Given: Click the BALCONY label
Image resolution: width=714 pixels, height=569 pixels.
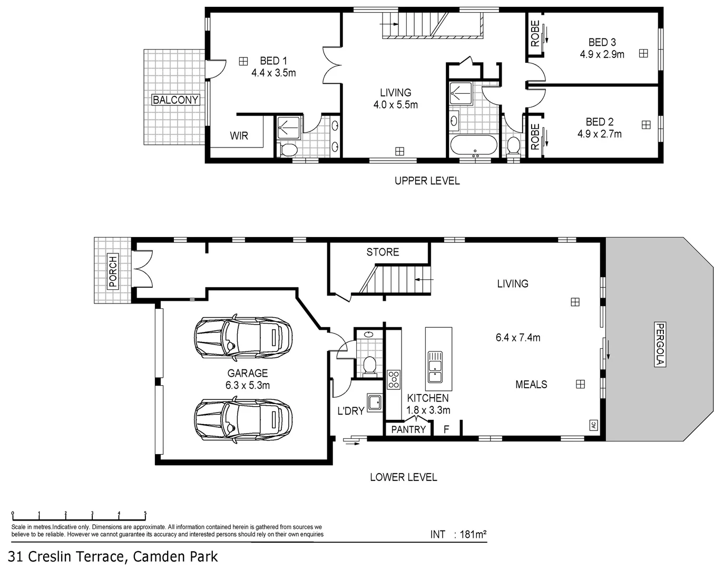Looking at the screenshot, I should click(175, 100).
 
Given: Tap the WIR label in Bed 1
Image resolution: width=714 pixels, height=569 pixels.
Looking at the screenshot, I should click(239, 136).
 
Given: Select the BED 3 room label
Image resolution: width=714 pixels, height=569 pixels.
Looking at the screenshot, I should click(602, 42).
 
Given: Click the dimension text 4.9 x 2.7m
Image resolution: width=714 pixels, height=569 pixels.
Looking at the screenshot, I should click(599, 134).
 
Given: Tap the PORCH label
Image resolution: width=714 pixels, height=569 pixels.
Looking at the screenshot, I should click(113, 271).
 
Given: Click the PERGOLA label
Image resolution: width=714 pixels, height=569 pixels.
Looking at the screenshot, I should click(660, 344).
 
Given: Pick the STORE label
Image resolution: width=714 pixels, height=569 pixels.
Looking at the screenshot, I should click(383, 252).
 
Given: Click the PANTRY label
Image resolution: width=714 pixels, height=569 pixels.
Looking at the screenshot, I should click(408, 429).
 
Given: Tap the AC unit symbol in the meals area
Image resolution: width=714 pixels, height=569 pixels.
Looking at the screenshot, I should click(593, 425).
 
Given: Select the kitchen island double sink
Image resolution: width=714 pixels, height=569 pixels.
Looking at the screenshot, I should click(435, 367).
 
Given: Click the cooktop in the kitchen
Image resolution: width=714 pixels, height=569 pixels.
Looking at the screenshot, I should click(394, 379).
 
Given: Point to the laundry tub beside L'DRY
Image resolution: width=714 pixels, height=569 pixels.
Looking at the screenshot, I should click(375, 403).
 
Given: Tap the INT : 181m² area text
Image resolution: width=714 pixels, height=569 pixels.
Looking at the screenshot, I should click(458, 534).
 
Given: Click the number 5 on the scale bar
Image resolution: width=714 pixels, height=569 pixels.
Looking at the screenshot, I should click(145, 513).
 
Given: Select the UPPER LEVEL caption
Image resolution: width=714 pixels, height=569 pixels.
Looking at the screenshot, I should click(427, 181).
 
